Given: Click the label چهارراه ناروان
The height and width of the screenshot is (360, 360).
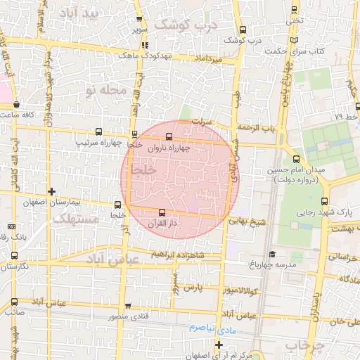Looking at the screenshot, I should pyautogui.click(x=169, y=149).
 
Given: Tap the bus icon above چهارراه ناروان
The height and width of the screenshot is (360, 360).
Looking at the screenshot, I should pyautogui.click(x=169, y=137).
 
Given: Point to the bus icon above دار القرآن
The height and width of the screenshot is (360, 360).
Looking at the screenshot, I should pyautogui.click(x=163, y=212).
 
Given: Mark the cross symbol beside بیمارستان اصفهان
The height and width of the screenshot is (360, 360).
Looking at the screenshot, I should pyautogui.click(x=51, y=191).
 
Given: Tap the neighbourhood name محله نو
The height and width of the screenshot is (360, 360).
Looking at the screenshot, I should pyautogui.click(x=106, y=91).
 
